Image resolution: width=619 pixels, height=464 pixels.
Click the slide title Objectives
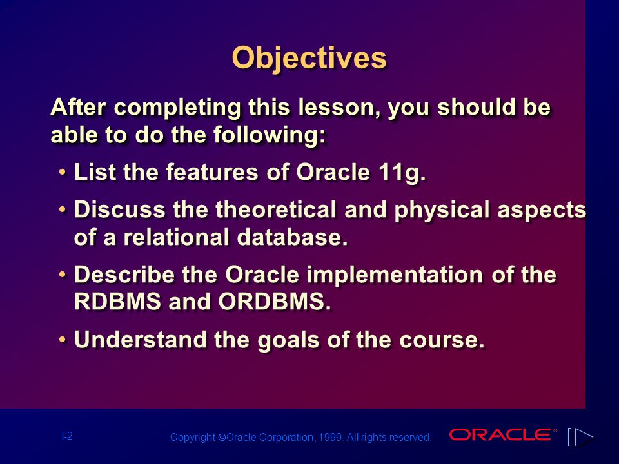(x=309, y=58)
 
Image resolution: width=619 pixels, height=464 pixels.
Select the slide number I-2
(x=67, y=436)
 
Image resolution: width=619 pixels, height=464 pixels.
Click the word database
(x=292, y=237)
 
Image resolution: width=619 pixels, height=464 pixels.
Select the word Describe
(x=124, y=274)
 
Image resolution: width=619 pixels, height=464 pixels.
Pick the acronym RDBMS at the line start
(x=117, y=302)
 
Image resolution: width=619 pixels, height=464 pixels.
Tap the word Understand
(x=140, y=340)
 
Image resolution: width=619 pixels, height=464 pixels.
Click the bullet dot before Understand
(x=63, y=340)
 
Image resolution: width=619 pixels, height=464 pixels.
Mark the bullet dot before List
(x=63, y=173)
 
